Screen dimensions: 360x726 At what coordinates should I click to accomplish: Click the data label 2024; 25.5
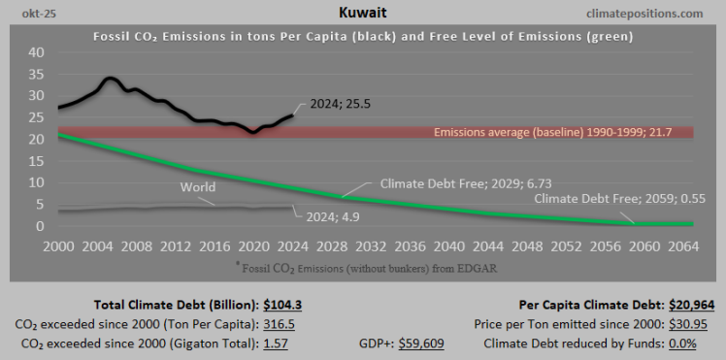(x=341, y=104)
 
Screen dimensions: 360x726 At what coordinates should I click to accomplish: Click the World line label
(x=198, y=186)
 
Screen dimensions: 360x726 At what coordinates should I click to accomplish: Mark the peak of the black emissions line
(x=109, y=79)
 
